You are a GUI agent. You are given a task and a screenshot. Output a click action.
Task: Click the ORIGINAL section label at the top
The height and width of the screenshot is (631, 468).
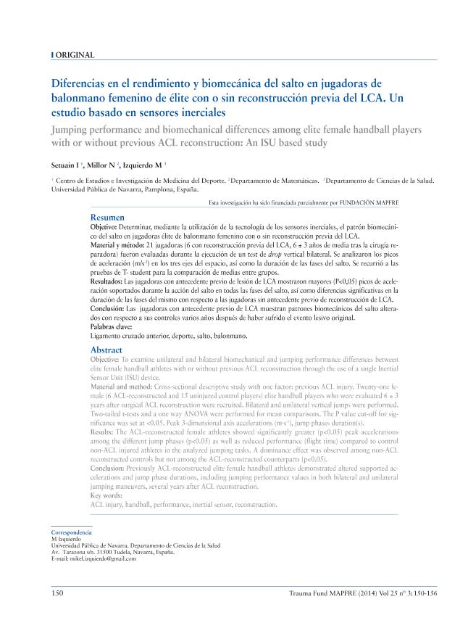tap(75, 55)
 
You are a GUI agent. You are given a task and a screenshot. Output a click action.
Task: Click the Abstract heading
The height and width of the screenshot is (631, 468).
tap(106, 350)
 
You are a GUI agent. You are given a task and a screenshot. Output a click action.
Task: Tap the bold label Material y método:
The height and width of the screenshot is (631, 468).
tap(121, 247)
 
